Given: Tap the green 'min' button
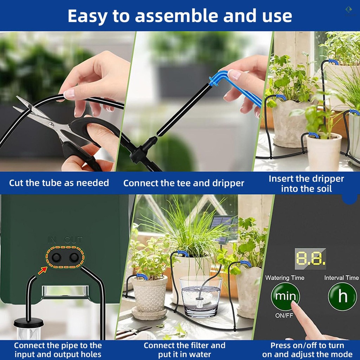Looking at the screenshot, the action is tap(285, 296).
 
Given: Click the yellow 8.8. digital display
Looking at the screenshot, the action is tap(310, 258).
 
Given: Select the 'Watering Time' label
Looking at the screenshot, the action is tap(285, 278).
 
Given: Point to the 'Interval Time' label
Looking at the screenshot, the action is tap(341, 278).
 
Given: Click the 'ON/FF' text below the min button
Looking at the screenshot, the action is tap(284, 315).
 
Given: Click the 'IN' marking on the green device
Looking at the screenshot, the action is tap(52, 240).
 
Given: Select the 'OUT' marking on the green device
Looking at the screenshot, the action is tap(73, 240).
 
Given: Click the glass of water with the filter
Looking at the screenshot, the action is tap(200, 296).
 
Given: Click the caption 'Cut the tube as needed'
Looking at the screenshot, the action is tap(59, 183).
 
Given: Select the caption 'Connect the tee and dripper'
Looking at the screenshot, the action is tap(184, 183).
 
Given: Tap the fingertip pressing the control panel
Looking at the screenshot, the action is tap(294, 304).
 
